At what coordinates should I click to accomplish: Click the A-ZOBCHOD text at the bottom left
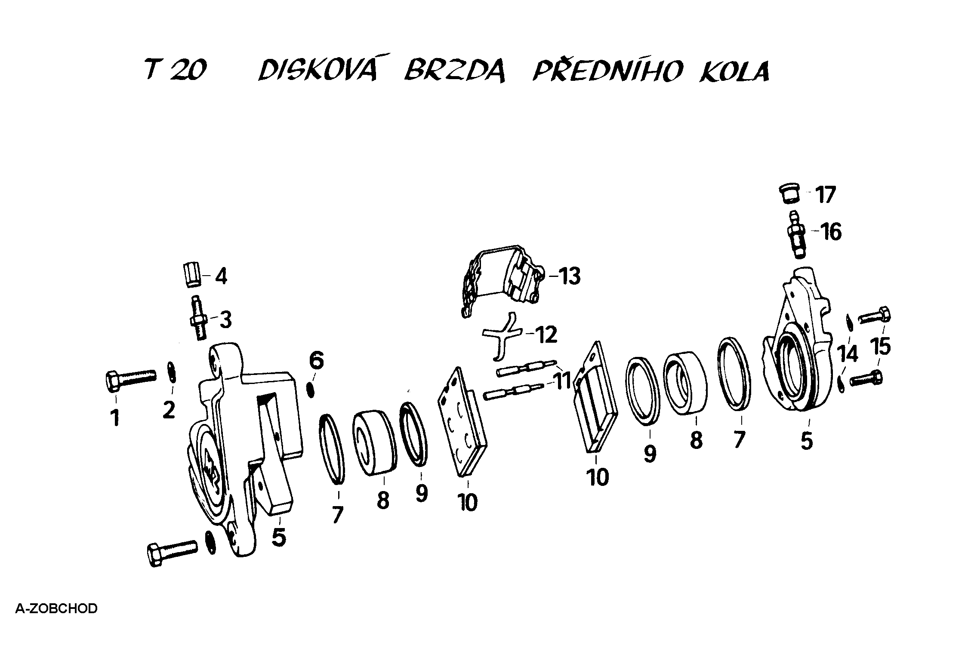tap(56, 609)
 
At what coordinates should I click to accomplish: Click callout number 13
tap(569, 276)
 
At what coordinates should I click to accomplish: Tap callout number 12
tap(546, 335)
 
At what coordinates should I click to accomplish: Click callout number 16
tap(831, 232)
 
